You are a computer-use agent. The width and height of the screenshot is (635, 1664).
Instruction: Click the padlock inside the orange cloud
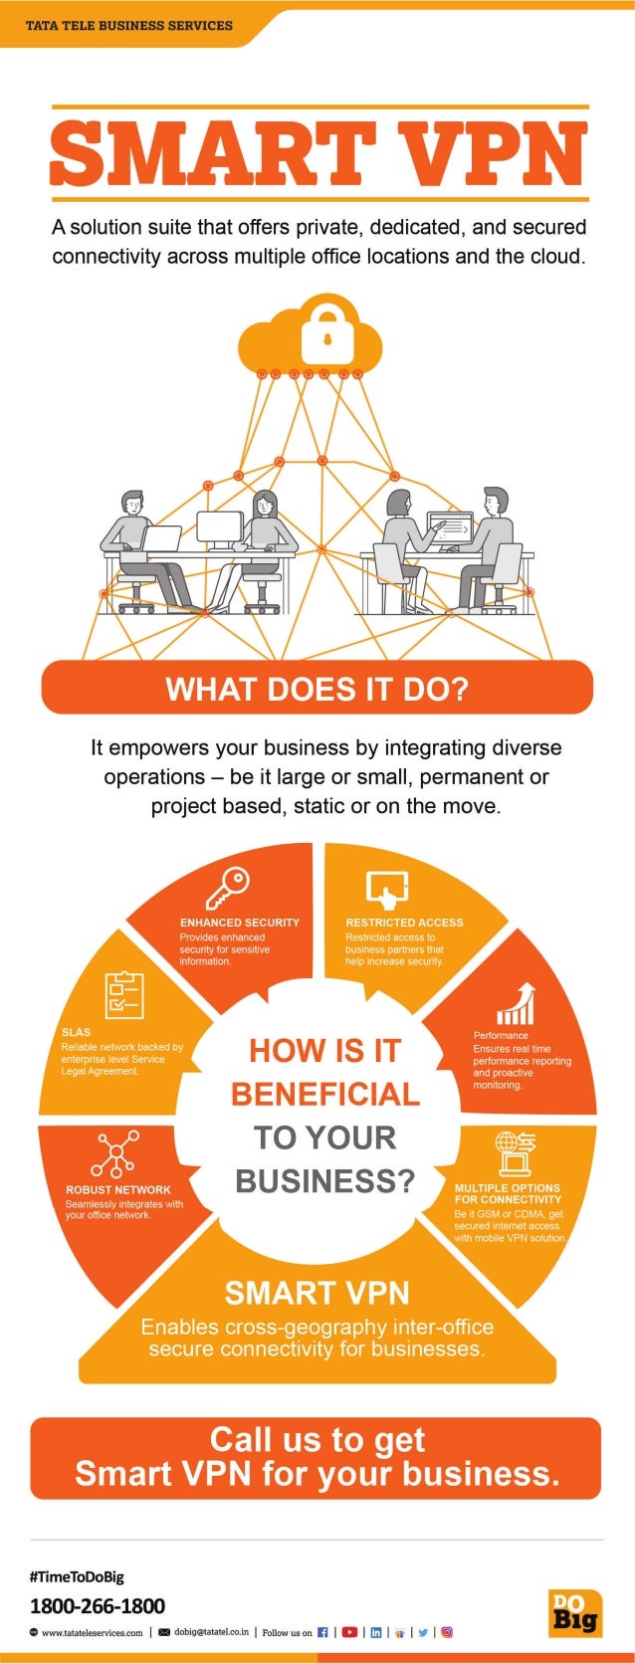pyautogui.click(x=326, y=333)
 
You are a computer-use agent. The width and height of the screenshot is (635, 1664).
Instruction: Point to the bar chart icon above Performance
pyautogui.click(x=517, y=1004)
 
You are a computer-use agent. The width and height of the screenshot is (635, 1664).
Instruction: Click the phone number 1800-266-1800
pyautogui.click(x=98, y=1605)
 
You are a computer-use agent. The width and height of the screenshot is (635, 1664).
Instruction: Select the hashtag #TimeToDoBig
pyautogui.click(x=77, y=1576)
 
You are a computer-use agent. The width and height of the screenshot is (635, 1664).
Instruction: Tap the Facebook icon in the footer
pyautogui.click(x=322, y=1632)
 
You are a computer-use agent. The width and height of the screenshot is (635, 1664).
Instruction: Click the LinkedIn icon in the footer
pyautogui.click(x=375, y=1632)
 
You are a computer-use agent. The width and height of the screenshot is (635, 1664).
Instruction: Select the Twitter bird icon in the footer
pyautogui.click(x=423, y=1632)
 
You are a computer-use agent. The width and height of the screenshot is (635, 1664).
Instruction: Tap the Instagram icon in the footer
pyautogui.click(x=447, y=1632)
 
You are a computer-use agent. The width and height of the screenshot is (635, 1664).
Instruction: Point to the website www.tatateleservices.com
pyautogui.click(x=92, y=1633)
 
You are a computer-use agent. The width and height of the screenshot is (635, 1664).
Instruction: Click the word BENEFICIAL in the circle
pyautogui.click(x=325, y=1094)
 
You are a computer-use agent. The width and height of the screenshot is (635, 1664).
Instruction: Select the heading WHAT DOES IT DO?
pyautogui.click(x=317, y=689)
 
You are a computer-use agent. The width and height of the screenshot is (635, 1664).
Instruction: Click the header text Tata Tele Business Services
pyautogui.click(x=129, y=25)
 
